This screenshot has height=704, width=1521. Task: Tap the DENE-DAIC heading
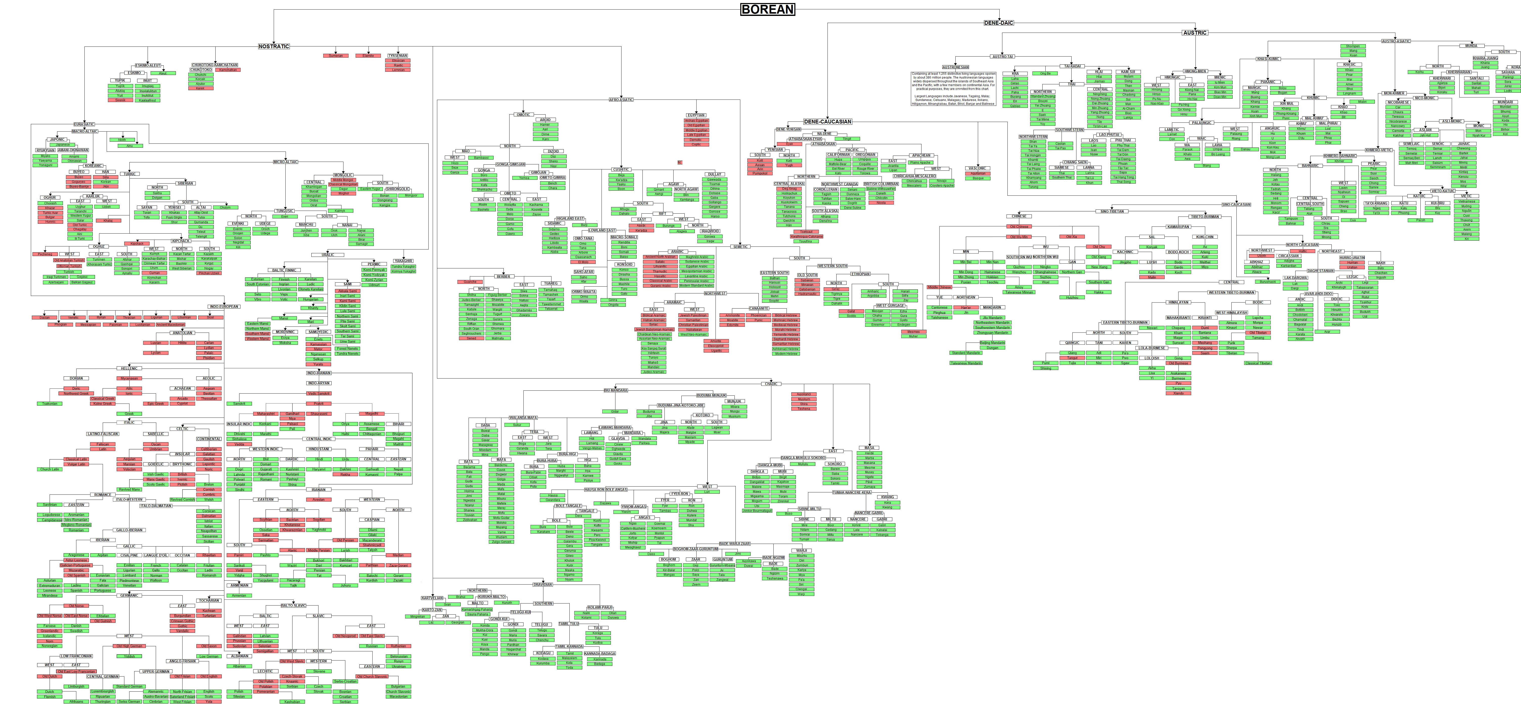[998, 23]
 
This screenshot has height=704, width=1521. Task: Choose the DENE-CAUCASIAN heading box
[827, 121]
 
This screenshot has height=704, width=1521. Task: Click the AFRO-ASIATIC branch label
[621, 100]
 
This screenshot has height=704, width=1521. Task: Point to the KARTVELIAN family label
[432, 598]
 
